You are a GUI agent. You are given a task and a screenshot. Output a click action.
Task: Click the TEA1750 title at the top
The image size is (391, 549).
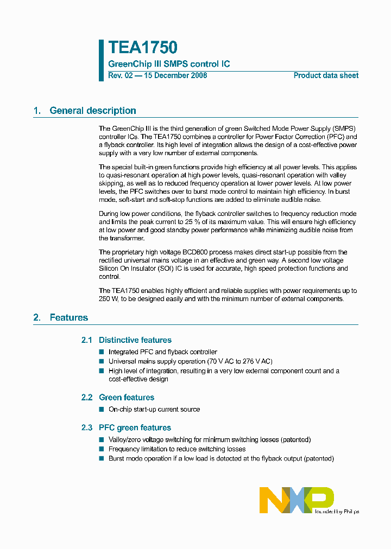tap(142, 48)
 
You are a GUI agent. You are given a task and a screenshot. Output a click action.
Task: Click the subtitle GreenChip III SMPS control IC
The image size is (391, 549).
tap(169, 64)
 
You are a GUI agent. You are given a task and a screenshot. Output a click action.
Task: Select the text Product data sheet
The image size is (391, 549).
tap(326, 75)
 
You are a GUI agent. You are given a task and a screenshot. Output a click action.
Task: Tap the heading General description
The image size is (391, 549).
tap(93, 111)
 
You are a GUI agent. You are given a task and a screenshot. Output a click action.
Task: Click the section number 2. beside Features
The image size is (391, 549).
tap(37, 317)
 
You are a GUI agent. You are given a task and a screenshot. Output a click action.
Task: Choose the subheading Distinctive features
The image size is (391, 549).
tap(135, 340)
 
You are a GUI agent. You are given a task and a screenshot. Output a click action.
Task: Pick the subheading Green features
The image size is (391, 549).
tap(127, 397)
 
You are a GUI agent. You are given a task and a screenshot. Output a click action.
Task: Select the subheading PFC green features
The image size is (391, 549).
tap(135, 427)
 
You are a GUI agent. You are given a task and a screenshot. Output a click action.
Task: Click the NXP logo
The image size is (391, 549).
tap(296, 500)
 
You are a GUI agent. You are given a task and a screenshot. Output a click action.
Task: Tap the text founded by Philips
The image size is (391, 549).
tap(337, 511)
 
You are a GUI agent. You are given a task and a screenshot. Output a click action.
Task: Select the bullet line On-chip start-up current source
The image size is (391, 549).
tap(154, 410)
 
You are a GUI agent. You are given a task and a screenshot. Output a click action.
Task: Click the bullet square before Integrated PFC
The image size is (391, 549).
tap(101, 352)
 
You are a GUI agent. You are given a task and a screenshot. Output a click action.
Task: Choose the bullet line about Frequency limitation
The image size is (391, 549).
tap(177, 449)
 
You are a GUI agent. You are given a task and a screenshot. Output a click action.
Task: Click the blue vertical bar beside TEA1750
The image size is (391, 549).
tap(101, 60)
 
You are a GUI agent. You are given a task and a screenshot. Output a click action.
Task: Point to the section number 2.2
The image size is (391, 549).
tap(87, 397)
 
